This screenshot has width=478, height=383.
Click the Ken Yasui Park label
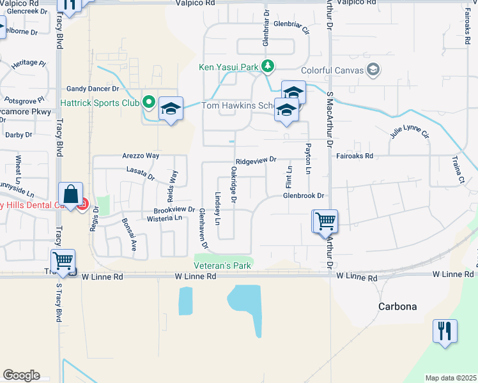pyautogui.click(x=228, y=66)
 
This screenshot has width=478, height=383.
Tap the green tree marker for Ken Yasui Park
pyautogui.click(x=269, y=66)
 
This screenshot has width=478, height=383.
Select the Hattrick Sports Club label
pyautogui.click(x=99, y=102)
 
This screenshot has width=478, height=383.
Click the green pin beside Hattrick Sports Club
pyautogui.click(x=149, y=101)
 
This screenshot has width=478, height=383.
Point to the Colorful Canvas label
pyautogui.click(x=337, y=70)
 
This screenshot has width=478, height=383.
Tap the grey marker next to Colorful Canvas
pyautogui.click(x=374, y=70)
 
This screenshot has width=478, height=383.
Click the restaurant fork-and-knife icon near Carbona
pyautogui.click(x=444, y=331)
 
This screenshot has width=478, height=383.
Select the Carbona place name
pyautogui.click(x=396, y=306)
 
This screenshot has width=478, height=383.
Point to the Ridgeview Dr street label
pyautogui.click(x=256, y=160)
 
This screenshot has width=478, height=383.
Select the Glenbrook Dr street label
pyautogui.click(x=305, y=195)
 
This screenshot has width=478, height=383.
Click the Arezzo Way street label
pyautogui.click(x=140, y=156)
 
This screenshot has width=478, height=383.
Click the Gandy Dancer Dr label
pyautogui.click(x=93, y=89)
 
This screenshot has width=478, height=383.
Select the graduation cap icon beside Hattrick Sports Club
pyautogui.click(x=171, y=109)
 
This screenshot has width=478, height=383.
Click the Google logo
pyautogui.click(x=21, y=375)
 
